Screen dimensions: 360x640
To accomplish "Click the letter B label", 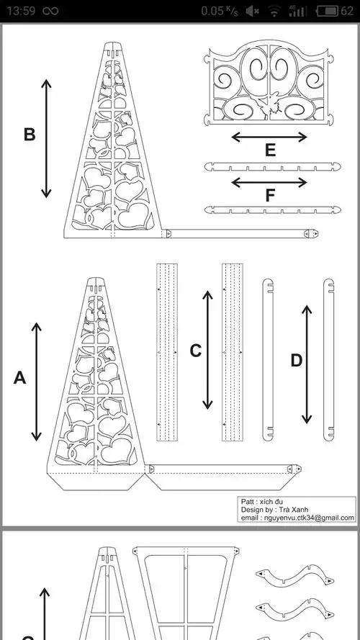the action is point(30,135).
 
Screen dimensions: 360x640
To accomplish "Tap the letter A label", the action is point(19,378).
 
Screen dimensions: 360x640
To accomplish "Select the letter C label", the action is point(196,351).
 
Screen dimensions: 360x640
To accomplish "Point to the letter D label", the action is point(297,361).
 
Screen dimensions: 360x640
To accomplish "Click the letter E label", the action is point(270,150).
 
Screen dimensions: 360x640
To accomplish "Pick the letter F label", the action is point(270,196).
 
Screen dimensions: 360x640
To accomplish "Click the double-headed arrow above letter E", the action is point(269,137).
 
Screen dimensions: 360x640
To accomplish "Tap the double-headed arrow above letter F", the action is point(269,182).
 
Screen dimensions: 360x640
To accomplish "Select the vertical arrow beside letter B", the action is point(46,138).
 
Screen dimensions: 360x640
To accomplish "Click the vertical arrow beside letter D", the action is point(307,364).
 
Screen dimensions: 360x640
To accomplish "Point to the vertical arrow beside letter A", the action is point(37,382).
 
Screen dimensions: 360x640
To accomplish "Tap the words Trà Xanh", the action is point(292,510).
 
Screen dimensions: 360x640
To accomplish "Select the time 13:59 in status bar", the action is point(20,11).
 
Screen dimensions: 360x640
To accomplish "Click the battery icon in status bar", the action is point(328,11).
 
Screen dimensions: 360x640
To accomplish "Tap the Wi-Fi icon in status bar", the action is point(274,12).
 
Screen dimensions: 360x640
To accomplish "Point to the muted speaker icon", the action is point(253,12).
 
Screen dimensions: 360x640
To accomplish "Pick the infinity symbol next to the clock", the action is point(50,12).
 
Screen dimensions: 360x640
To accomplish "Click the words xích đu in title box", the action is point(271,501).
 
